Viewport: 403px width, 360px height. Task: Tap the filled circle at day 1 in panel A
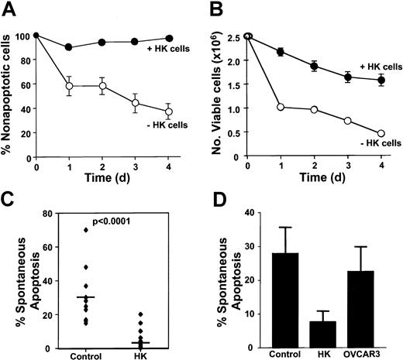(70, 47)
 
